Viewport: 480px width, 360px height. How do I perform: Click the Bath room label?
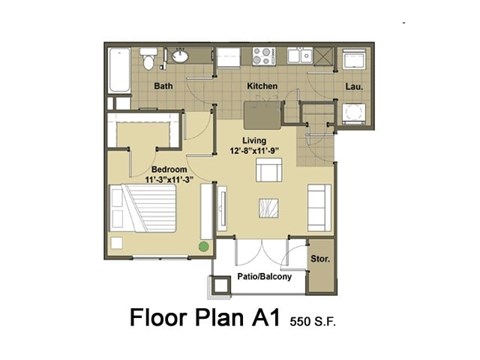click(164, 86)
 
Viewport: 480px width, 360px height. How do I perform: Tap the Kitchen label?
click(262, 86)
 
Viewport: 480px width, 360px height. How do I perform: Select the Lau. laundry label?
click(353, 86)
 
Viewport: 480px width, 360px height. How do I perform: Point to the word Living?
click(254, 141)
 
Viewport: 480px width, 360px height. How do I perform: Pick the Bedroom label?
click(169, 170)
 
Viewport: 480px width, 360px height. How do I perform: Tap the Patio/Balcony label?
click(264, 277)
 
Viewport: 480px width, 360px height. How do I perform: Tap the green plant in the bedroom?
click(203, 245)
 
